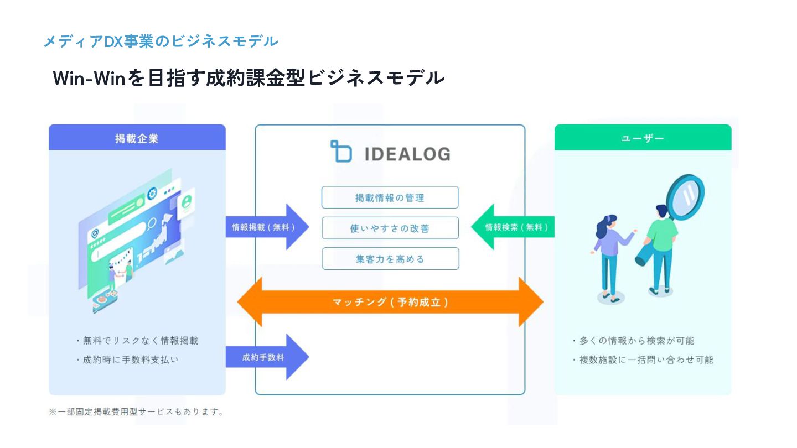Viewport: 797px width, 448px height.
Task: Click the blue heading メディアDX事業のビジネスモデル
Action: tap(161, 41)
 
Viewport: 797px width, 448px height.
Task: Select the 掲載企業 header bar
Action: tap(137, 138)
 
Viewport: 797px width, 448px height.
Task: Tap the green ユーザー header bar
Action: tap(642, 138)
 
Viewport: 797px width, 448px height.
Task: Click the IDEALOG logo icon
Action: tap(341, 152)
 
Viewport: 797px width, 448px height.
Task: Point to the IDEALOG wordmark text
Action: tap(407, 154)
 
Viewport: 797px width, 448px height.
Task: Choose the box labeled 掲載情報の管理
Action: tap(390, 197)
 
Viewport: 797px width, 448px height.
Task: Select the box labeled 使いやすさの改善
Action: tap(390, 228)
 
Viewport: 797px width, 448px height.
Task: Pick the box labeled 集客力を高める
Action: tap(390, 258)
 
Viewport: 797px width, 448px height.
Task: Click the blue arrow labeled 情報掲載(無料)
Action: tap(265, 227)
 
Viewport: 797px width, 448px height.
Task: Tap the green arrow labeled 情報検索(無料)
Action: tap(515, 227)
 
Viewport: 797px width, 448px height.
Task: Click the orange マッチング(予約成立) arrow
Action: tap(390, 302)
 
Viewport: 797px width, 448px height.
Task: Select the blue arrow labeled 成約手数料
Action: tap(265, 357)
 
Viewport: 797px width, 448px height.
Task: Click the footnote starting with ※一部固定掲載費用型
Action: tap(136, 412)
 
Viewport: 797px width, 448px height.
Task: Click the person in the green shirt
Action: tap(661, 243)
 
